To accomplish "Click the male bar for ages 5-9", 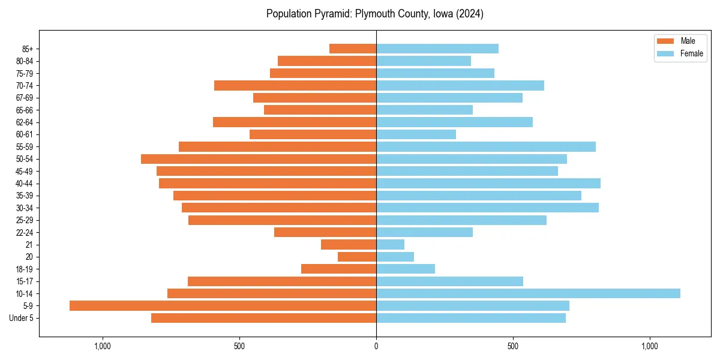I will pyautogui.click(x=223, y=305).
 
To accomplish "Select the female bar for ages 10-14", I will pyautogui.click(x=528, y=293).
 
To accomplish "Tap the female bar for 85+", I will pyautogui.click(x=437, y=49).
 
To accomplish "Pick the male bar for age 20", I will pyautogui.click(x=357, y=257).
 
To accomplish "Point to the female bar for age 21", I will pyautogui.click(x=390, y=244).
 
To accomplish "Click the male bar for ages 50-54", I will pyautogui.click(x=259, y=159).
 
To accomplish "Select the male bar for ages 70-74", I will pyautogui.click(x=295, y=85).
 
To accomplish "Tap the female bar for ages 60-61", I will pyautogui.click(x=416, y=134).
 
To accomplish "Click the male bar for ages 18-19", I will pyautogui.click(x=338, y=269).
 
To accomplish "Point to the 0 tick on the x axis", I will pyautogui.click(x=376, y=346).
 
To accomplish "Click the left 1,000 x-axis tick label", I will pyautogui.click(x=103, y=346).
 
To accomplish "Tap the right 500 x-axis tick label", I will pyautogui.click(x=513, y=346).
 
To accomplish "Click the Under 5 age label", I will pyautogui.click(x=22, y=318).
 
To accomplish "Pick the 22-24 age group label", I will pyautogui.click(x=25, y=232).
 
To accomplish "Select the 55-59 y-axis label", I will pyautogui.click(x=25, y=146).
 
